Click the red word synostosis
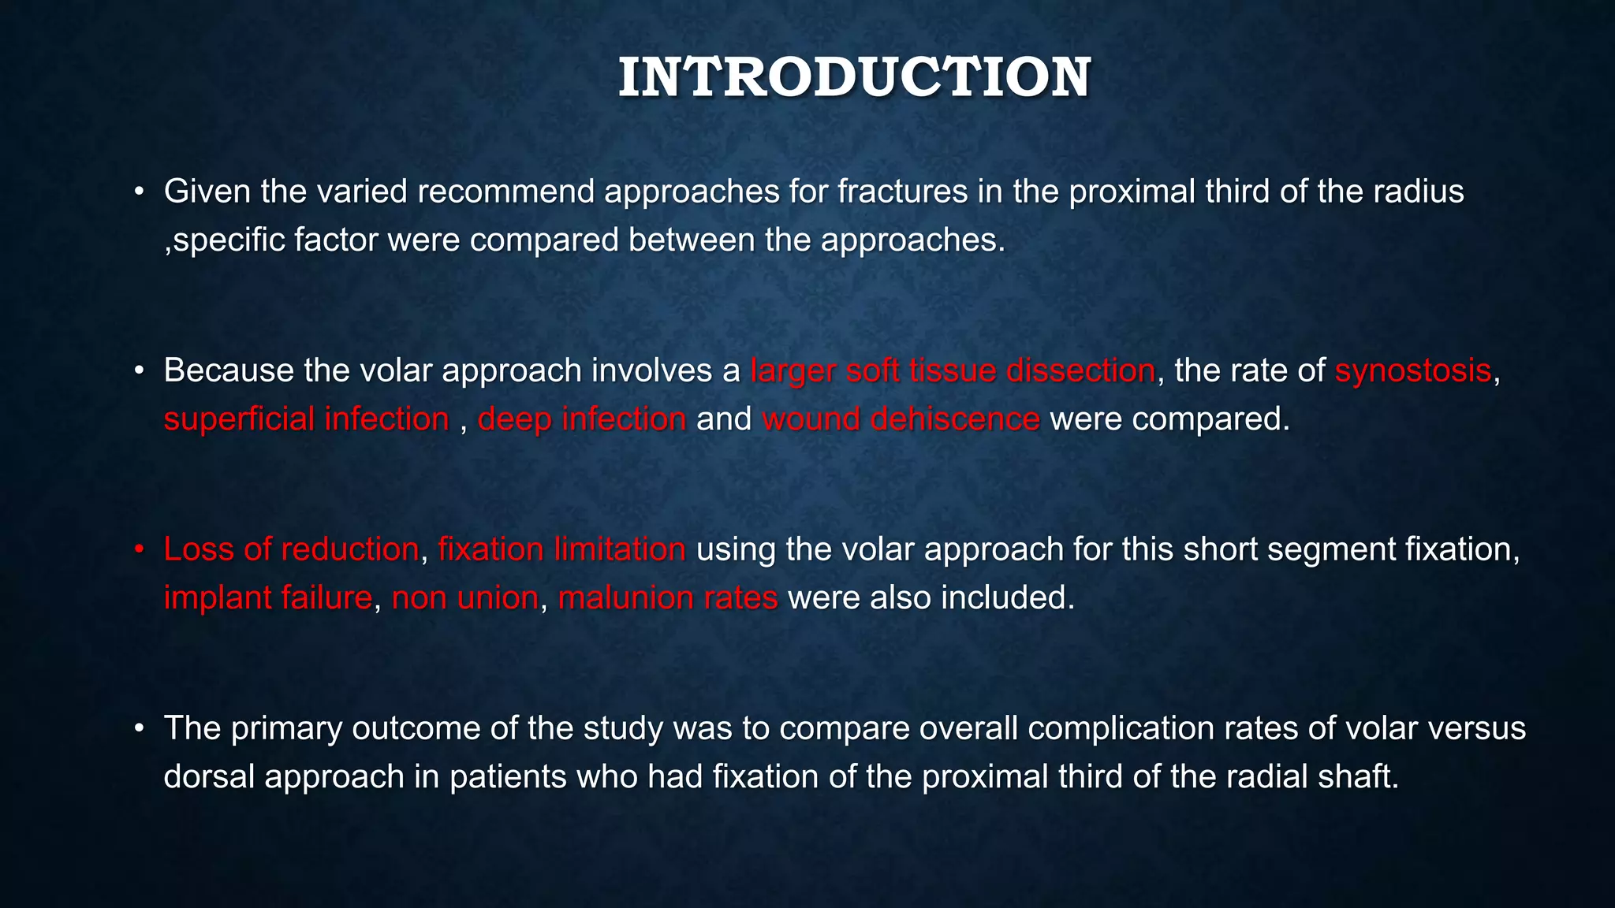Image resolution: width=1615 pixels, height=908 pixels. point(1412,370)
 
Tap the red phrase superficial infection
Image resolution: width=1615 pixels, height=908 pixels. point(306,419)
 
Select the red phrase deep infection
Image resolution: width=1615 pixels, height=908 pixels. point(582,419)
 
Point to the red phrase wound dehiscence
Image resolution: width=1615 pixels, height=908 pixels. point(901,419)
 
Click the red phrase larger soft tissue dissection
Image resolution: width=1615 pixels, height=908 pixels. point(953,370)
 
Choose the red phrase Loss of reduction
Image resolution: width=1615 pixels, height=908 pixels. point(291,549)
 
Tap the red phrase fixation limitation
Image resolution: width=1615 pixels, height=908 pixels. point(561,549)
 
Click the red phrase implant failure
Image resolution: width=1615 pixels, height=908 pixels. point(267,597)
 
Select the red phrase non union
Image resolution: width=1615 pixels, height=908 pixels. point(464,597)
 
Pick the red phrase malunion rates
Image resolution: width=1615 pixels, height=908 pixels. point(668,597)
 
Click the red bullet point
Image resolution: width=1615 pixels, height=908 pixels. point(139,549)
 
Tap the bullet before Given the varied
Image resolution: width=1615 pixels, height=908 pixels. point(139,192)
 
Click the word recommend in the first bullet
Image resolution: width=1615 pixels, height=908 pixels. point(505,192)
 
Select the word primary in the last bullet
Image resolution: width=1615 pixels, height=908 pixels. point(286,728)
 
